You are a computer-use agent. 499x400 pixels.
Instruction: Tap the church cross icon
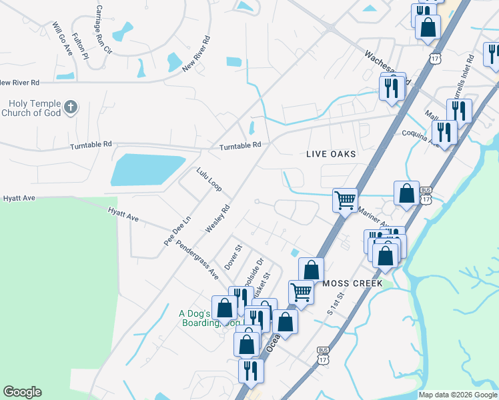(71, 107)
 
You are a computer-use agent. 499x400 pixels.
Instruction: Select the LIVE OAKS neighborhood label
(331, 154)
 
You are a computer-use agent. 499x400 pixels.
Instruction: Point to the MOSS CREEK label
(352, 283)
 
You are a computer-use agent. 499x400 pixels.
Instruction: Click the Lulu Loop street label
(209, 180)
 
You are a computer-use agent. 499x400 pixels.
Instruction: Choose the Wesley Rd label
(217, 218)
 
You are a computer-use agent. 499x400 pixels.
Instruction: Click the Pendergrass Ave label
(197, 260)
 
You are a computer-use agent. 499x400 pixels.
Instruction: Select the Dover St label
(231, 256)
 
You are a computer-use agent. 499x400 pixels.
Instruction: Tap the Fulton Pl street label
(81, 47)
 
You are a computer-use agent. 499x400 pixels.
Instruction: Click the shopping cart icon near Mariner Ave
(345, 199)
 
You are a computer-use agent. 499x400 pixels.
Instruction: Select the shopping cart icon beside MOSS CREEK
(301, 291)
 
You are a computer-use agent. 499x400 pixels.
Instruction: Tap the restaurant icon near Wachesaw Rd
(392, 87)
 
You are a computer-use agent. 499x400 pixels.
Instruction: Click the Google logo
(22, 392)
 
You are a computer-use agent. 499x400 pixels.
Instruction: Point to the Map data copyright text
(458, 395)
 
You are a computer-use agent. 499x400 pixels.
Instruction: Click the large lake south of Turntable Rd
(147, 169)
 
